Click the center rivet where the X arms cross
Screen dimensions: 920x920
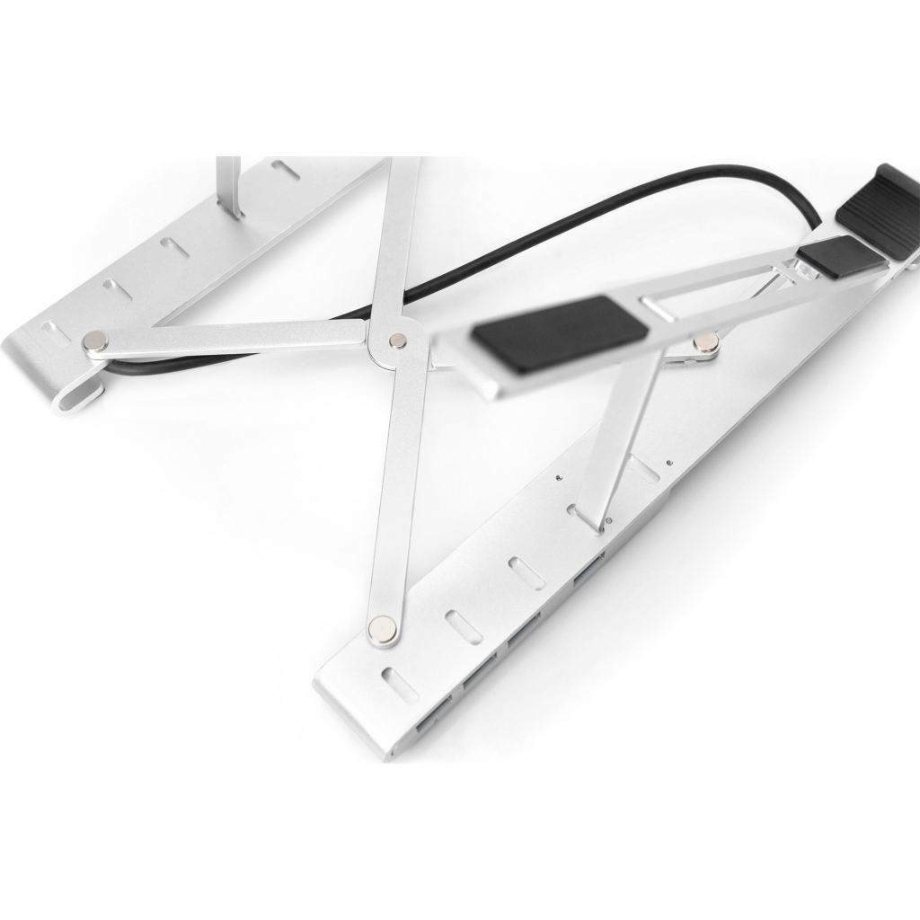click(x=396, y=340)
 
